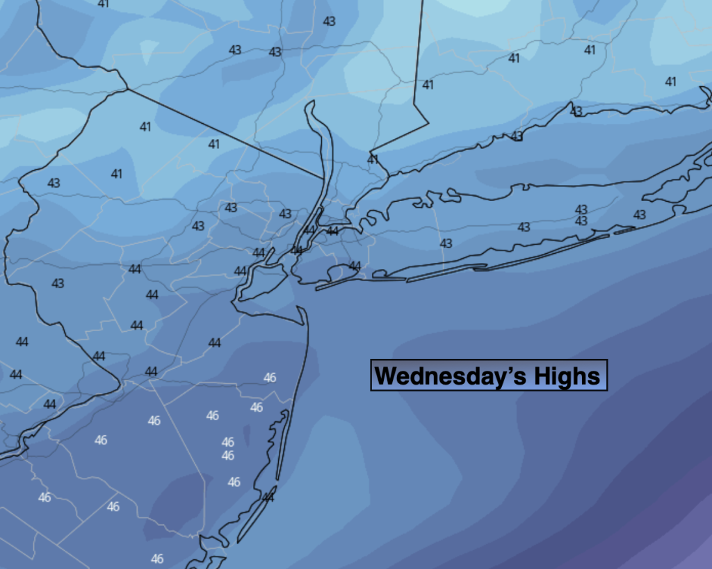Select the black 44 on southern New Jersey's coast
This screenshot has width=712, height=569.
(268, 497)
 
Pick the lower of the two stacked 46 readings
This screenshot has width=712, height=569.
(227, 456)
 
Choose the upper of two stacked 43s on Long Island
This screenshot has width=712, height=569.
(581, 209)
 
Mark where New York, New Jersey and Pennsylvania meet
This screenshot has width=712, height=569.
(127, 88)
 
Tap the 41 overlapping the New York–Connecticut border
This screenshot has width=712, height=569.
(373, 159)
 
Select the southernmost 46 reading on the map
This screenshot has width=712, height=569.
(157, 559)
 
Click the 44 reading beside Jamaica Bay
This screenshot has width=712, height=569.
(355, 266)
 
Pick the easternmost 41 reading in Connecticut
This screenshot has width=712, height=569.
(670, 81)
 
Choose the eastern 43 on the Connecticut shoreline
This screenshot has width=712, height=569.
(576, 111)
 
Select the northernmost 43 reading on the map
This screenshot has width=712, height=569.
(329, 21)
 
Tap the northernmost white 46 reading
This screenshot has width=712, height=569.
(270, 378)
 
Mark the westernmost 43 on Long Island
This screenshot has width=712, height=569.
(446, 243)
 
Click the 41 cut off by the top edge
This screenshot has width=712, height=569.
(104, 3)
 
